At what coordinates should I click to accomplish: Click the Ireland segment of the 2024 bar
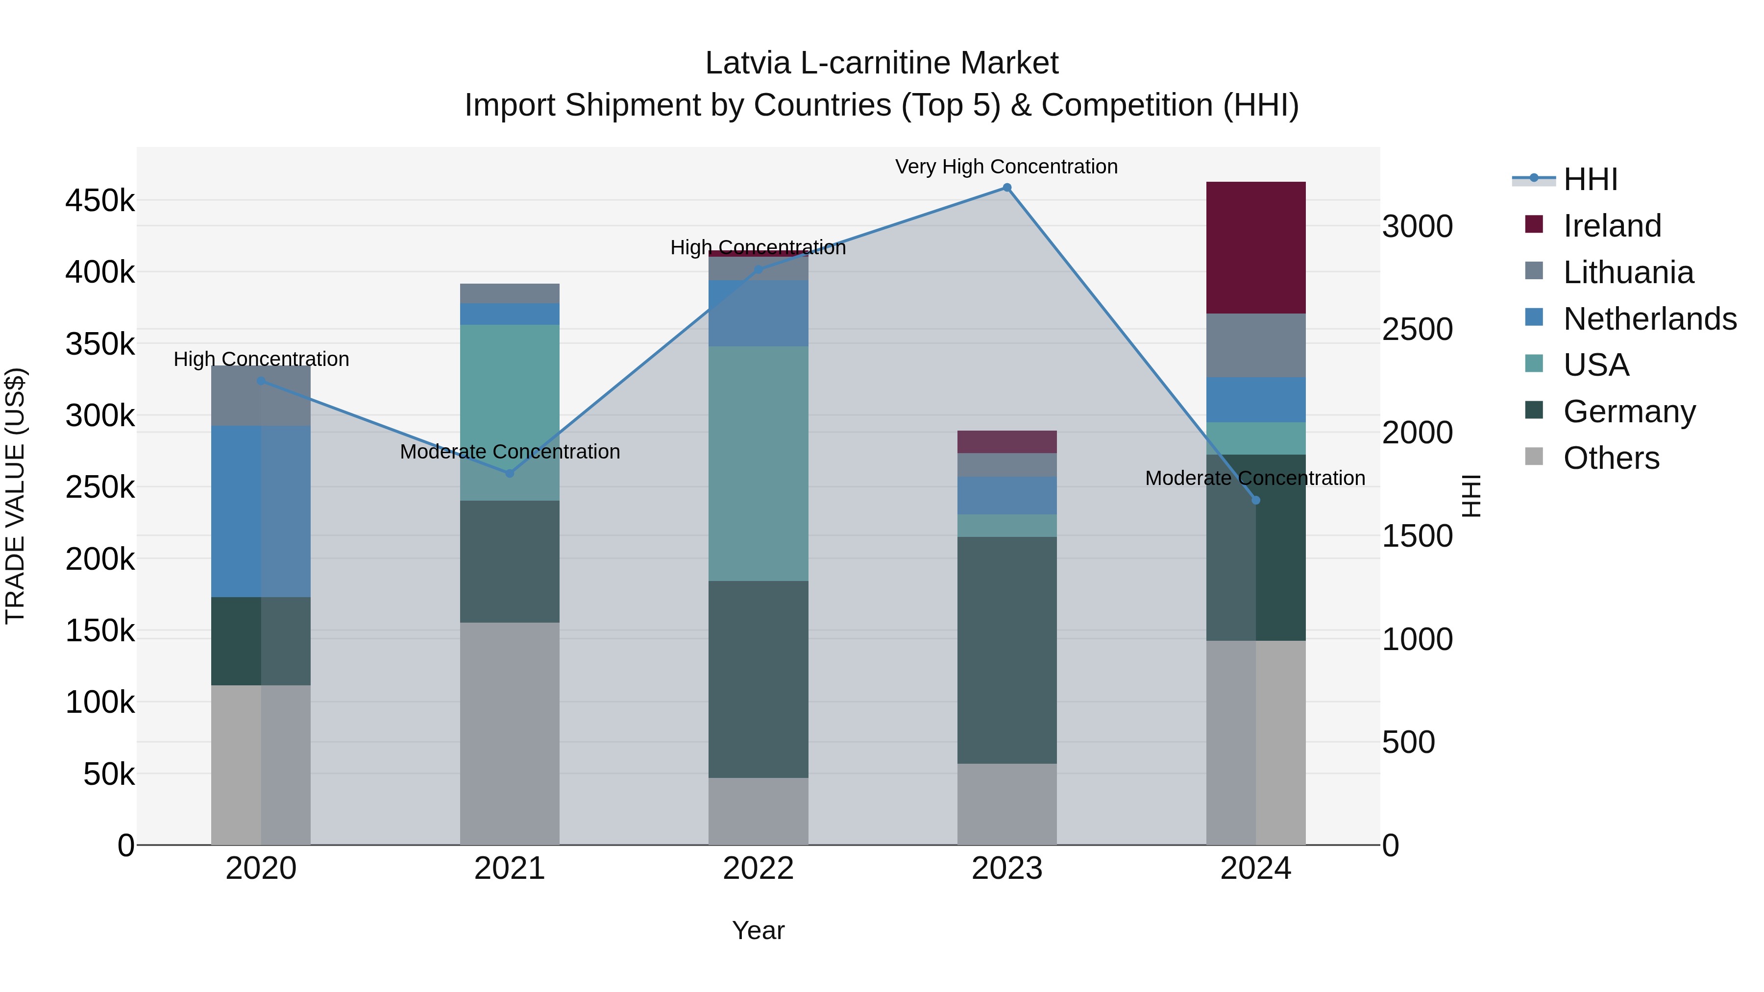click(x=1255, y=247)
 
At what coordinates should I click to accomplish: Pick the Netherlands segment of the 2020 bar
click(x=260, y=511)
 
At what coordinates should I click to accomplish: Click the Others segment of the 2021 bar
click(x=510, y=733)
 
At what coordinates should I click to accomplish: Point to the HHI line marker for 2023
click(x=1006, y=188)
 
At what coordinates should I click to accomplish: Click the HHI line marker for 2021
click(x=510, y=473)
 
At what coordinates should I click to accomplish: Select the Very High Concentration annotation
click(x=1006, y=167)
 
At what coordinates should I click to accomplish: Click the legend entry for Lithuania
click(x=1628, y=272)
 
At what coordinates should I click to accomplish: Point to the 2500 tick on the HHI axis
click(x=1417, y=329)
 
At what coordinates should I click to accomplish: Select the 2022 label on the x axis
click(x=758, y=869)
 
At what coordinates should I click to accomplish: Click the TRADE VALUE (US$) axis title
click(x=15, y=496)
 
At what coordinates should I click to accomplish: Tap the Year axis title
click(x=758, y=930)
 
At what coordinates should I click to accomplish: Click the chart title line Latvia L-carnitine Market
click(x=882, y=63)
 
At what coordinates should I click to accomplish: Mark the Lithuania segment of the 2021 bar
click(x=510, y=293)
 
